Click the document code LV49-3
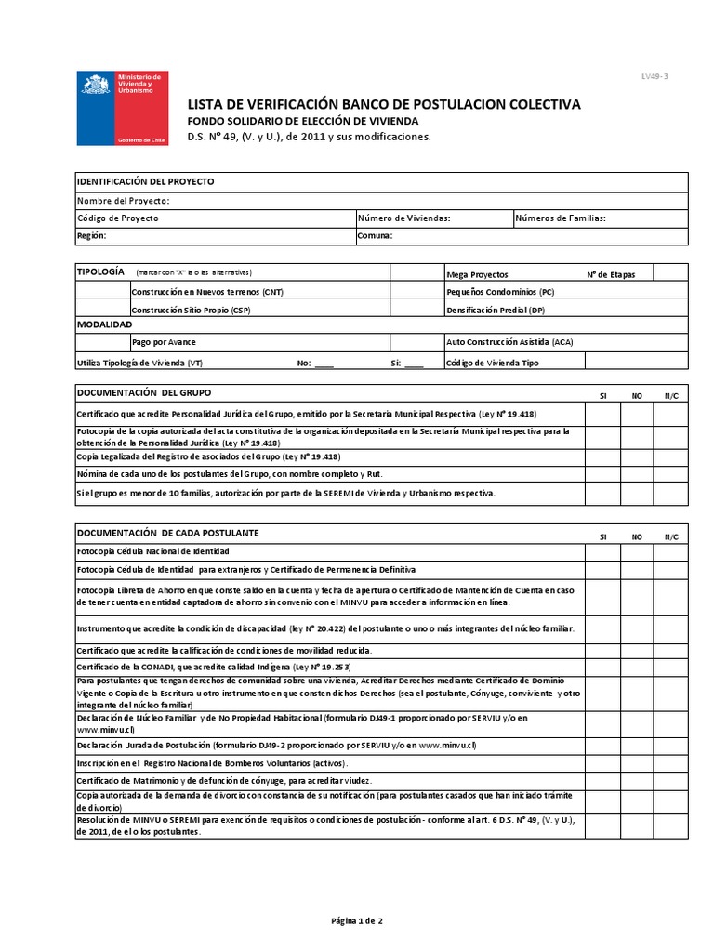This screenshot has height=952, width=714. pyautogui.click(x=654, y=76)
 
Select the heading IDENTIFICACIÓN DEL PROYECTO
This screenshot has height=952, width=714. pyautogui.click(x=145, y=181)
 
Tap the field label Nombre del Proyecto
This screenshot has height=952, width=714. pyautogui.click(x=123, y=200)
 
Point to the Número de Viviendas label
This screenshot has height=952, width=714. pyautogui.click(x=404, y=218)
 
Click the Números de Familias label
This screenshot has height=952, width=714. pyautogui.click(x=561, y=218)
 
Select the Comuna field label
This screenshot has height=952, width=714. pyautogui.click(x=376, y=236)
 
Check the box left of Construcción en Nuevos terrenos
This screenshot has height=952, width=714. pyautogui.click(x=101, y=291)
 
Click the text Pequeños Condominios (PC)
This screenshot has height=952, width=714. pyautogui.click(x=500, y=291)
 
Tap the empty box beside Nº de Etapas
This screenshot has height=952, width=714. pyautogui.click(x=670, y=273)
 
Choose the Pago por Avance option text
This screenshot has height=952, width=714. pyautogui.click(x=164, y=342)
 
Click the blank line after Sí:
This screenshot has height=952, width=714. pyautogui.click(x=414, y=364)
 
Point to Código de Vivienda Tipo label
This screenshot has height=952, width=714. pyautogui.click(x=493, y=364)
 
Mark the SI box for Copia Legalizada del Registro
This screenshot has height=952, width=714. pyautogui.click(x=602, y=456)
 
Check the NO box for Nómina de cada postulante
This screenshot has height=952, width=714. pyautogui.click(x=638, y=474)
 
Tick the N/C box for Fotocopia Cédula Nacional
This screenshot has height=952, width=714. pyautogui.click(x=671, y=550)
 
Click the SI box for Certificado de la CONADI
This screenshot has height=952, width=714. pyautogui.click(x=602, y=668)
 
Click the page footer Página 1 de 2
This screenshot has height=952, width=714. pyautogui.click(x=357, y=920)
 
